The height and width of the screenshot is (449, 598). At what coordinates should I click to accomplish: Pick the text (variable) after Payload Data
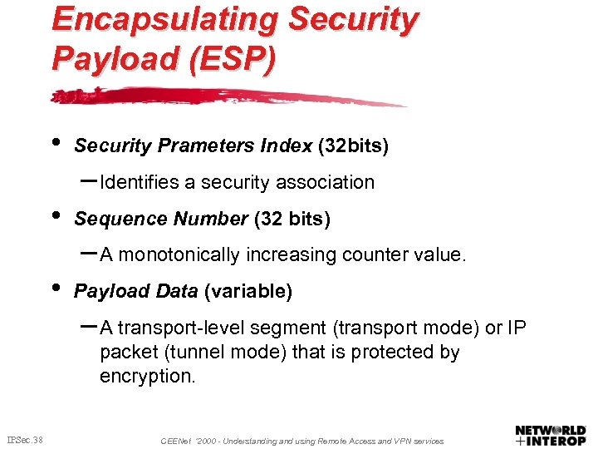[248, 292]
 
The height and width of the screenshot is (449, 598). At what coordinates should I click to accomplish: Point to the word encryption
[148, 376]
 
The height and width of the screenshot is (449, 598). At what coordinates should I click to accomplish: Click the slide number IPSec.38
[25, 440]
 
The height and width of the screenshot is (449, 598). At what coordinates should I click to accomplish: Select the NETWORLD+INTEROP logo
[551, 434]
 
